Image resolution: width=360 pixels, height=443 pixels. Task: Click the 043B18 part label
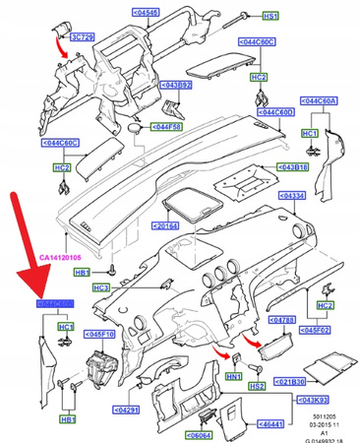294,167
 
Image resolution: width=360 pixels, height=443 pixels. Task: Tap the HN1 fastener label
234,377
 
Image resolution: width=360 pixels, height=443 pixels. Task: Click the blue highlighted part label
56,306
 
